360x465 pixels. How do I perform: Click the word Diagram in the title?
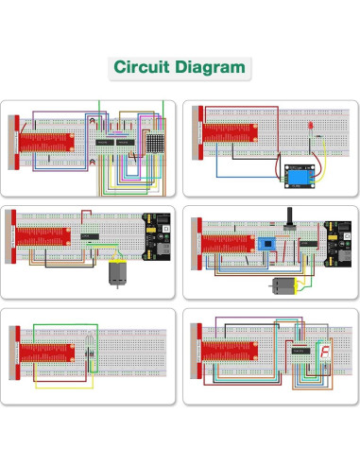[212, 68]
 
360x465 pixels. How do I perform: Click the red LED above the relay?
[311, 126]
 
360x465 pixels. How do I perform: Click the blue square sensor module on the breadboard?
[266, 243]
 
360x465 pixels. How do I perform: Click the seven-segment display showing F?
[325, 353]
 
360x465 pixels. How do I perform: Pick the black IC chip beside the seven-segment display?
[303, 351]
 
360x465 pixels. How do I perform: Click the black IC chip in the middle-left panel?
[91, 235]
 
